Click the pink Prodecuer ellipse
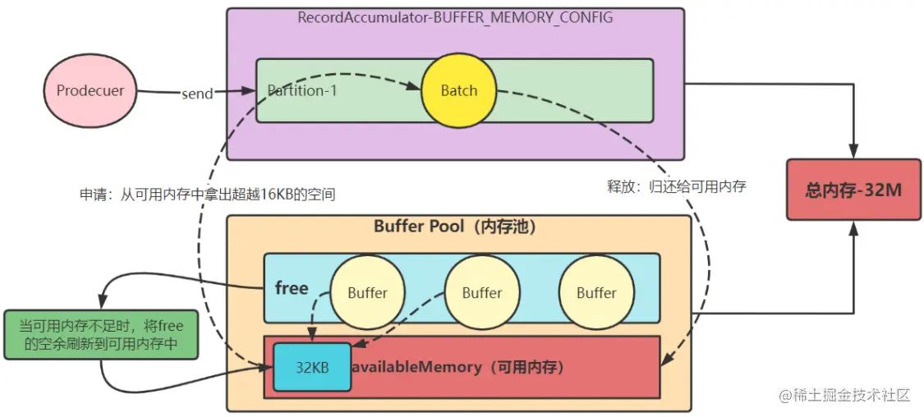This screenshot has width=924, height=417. tap(90, 90)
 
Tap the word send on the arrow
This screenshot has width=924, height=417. tap(197, 94)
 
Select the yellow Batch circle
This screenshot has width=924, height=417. tap(458, 90)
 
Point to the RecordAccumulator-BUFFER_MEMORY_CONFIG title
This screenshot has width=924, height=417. tap(455, 17)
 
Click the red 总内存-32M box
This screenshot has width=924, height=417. tap(853, 190)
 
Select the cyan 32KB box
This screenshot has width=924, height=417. tap(311, 368)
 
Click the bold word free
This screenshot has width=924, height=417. tap(292, 288)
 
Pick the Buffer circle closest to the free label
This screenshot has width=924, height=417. tap(367, 292)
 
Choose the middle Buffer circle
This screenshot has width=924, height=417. tap(481, 292)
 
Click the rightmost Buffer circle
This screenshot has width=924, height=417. tap(596, 292)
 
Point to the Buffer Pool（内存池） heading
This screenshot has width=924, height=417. tap(455, 227)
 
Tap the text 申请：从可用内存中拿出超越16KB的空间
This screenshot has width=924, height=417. tap(207, 195)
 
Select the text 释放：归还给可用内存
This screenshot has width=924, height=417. tap(676, 186)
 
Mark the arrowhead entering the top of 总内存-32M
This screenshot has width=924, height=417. tap(854, 154)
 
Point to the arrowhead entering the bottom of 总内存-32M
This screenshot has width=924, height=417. tap(854, 227)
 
